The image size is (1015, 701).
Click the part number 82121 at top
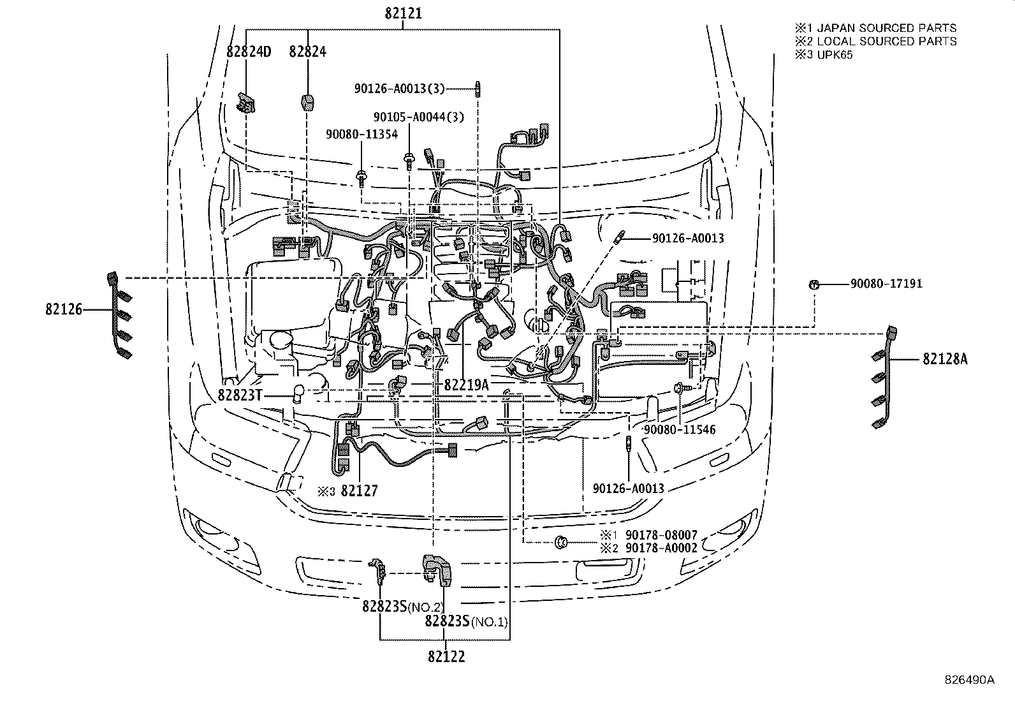403,13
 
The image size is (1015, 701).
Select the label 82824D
249,52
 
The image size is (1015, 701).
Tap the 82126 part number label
64,309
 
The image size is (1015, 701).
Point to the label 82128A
944,360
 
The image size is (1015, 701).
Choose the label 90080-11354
361,134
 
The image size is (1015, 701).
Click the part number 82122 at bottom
446,656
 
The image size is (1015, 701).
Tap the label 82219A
466,385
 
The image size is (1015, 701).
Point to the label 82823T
240,395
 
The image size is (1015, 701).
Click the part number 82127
359,491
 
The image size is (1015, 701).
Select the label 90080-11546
680,430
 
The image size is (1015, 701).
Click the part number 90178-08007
661,535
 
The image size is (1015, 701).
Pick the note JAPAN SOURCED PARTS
886,28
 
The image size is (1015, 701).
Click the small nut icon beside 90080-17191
814,284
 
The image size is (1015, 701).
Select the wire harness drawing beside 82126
119,316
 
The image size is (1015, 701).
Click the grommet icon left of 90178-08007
561,542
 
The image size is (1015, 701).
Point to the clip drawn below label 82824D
246,103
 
